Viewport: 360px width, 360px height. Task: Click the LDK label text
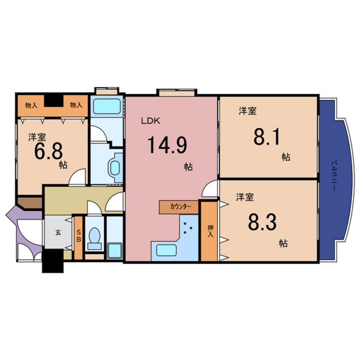coord(150,121)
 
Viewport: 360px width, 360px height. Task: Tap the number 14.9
coord(167,145)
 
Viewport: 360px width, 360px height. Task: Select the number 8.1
coord(266,137)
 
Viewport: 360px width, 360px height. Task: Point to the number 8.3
coord(262,222)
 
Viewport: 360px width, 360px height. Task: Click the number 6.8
coord(49,152)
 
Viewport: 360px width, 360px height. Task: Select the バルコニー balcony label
coord(334,176)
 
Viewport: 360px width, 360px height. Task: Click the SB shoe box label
coord(79,236)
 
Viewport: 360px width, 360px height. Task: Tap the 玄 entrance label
coord(58,232)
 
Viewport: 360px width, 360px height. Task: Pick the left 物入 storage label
coord(31,106)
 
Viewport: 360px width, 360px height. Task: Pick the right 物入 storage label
coord(76,105)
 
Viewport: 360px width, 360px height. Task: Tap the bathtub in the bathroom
coord(107,106)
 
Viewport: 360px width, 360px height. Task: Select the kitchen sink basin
coord(166,250)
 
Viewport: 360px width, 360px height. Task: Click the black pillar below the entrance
coord(53,260)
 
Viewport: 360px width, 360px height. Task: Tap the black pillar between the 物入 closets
coord(54,100)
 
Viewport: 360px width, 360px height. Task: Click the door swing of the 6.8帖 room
coord(77,176)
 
